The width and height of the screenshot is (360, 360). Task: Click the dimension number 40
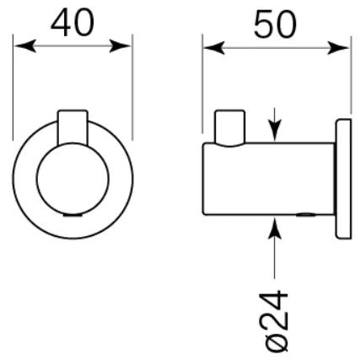point(73,23)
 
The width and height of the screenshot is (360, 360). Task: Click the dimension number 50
point(275,24)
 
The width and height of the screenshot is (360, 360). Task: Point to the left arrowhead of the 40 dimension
point(25,46)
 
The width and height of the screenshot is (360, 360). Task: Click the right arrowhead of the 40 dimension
point(120,46)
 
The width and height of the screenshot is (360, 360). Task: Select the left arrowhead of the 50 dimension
point(214,48)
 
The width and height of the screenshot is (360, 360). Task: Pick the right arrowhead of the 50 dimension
point(338,48)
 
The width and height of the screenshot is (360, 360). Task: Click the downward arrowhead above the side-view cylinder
point(275,130)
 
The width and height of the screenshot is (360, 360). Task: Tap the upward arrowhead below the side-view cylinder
point(275,228)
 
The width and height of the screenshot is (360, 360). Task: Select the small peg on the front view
point(73,127)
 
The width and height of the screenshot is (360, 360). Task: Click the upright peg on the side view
point(230,128)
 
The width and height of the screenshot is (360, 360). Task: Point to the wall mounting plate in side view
point(343,179)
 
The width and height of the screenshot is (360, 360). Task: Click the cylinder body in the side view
point(269,179)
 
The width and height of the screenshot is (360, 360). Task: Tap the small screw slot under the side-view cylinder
point(304,215)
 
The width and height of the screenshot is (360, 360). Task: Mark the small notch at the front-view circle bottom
point(73,215)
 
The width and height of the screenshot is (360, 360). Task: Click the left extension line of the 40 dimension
point(13,87)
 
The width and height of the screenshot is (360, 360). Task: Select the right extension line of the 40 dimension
point(132,87)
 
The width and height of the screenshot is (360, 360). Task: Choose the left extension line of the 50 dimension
point(202,84)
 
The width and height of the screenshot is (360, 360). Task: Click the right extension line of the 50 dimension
point(351,75)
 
